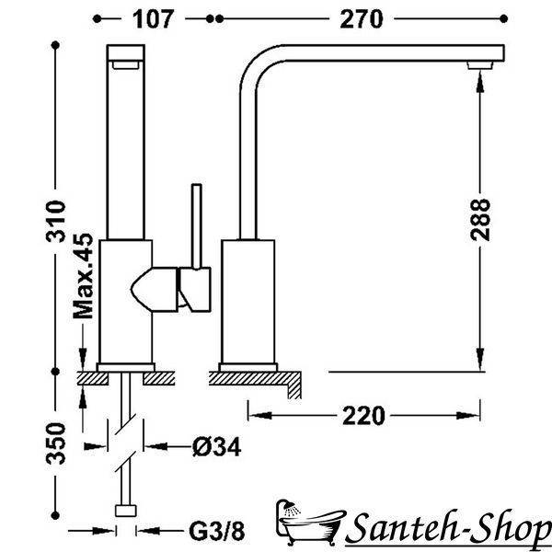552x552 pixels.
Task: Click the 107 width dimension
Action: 153,19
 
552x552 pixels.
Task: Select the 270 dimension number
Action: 362,19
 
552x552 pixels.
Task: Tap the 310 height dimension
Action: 56,221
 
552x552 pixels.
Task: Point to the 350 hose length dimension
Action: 56,443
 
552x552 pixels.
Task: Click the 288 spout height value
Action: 480,220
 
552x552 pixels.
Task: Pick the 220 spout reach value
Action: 363,416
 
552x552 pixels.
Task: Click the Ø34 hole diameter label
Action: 217,447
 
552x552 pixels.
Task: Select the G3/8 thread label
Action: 216,531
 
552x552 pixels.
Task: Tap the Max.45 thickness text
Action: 83,276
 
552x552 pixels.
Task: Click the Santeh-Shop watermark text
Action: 449,529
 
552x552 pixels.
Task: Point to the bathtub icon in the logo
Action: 310,523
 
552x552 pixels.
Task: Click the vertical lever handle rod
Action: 197,226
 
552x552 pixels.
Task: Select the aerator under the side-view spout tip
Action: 480,65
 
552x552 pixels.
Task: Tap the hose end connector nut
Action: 126,511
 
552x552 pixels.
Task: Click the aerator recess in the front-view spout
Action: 126,64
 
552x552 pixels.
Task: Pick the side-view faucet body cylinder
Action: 247,302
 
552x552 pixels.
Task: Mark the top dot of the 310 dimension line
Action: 55,45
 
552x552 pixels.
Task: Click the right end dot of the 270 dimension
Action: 504,18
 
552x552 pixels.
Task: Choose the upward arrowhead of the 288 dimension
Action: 480,82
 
